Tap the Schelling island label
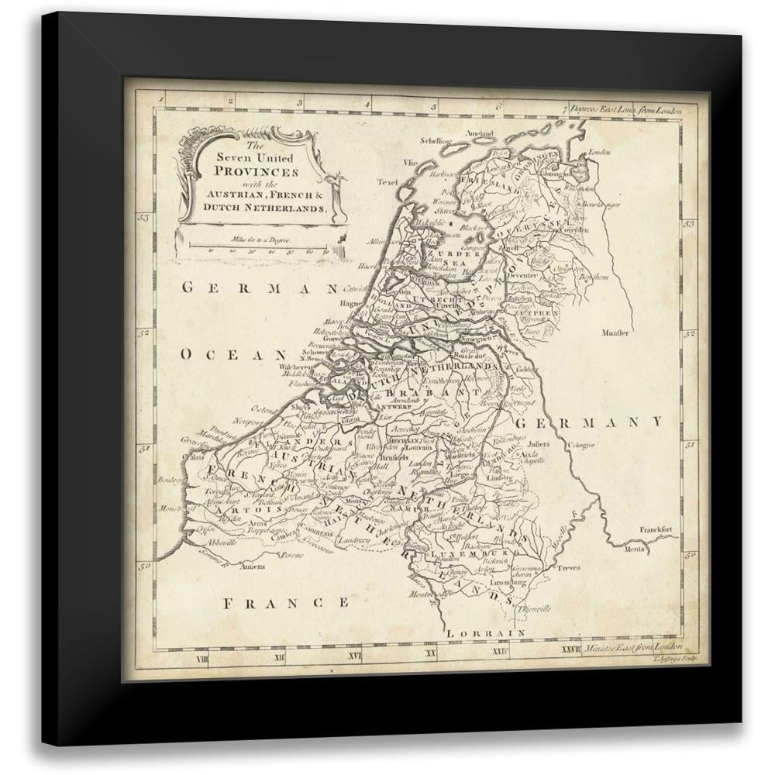pyautogui.click(x=435, y=141)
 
